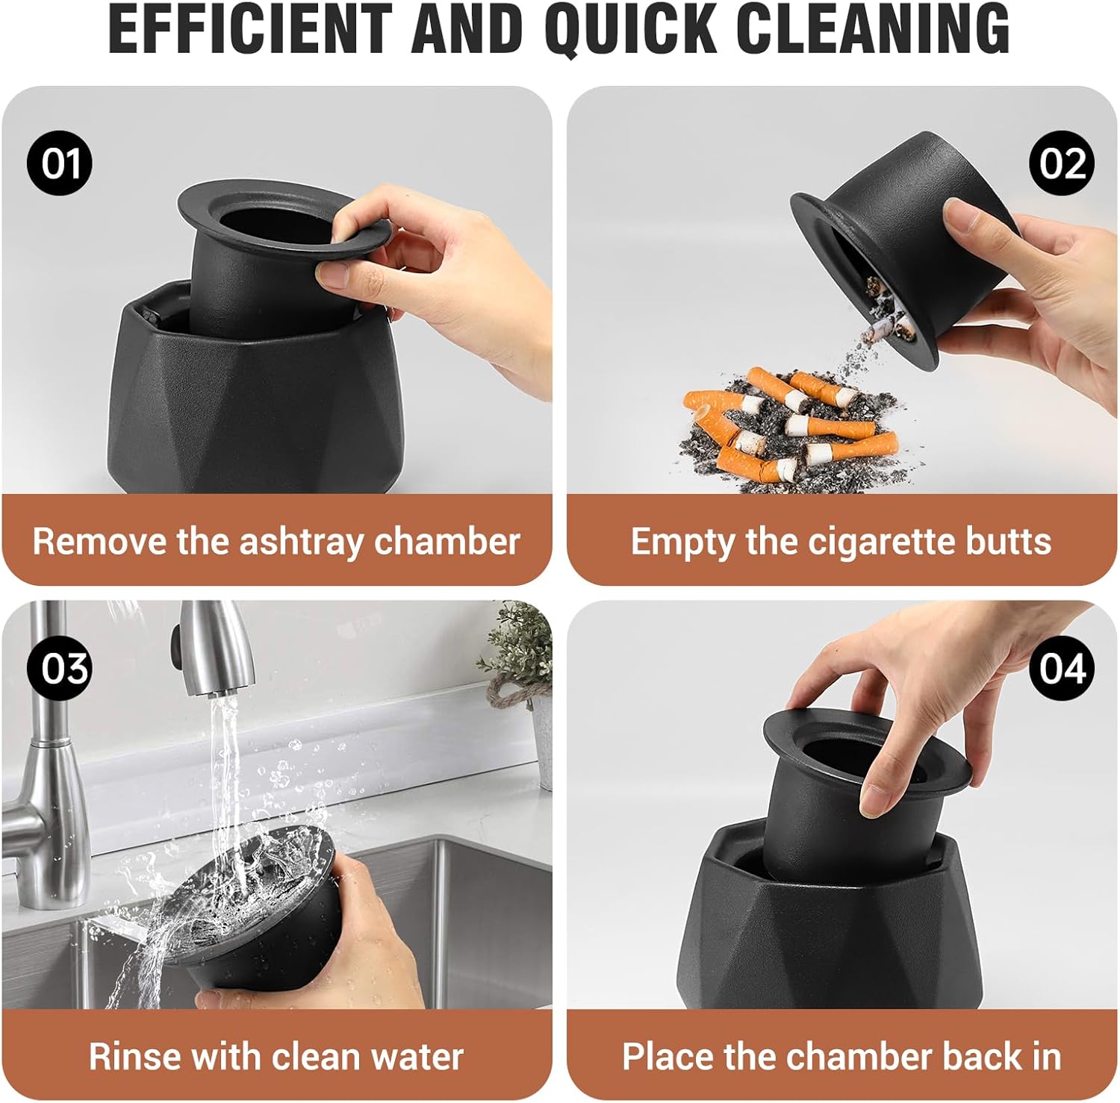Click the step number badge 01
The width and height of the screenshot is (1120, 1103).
tap(60, 163)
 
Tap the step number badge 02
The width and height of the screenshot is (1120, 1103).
tap(1062, 163)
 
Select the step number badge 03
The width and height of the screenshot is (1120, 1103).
tap(60, 668)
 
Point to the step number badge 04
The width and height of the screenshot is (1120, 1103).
tap(1062, 668)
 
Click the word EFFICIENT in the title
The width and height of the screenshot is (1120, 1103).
tap(250, 29)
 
